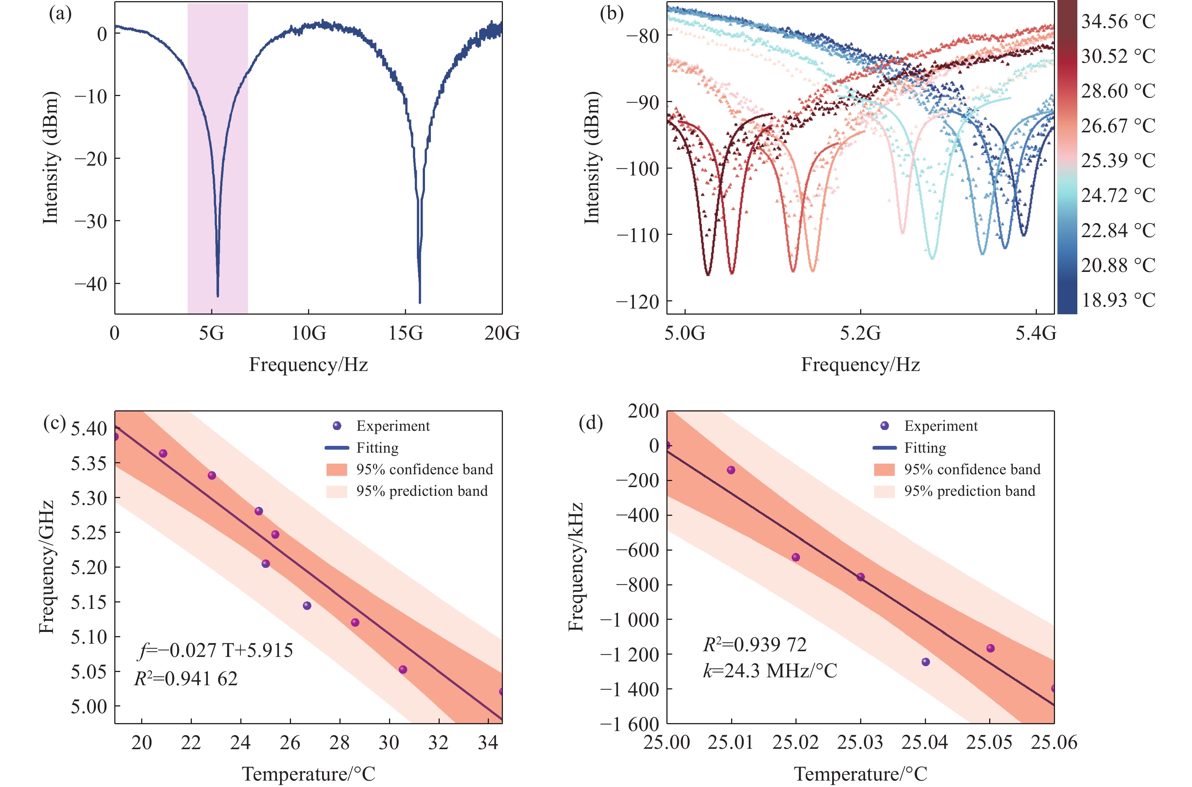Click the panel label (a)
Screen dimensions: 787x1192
tap(60, 14)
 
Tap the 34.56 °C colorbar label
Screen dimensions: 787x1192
tap(1118, 22)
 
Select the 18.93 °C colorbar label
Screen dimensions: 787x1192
tap(1118, 300)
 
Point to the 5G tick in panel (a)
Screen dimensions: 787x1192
tap(212, 333)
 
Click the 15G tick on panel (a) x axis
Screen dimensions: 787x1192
tap(406, 333)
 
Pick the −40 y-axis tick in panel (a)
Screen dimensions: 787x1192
tap(91, 284)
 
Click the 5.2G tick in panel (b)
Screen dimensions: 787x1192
tap(860, 333)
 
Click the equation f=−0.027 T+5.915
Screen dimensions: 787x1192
tap(215, 650)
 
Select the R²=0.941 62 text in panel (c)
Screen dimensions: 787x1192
tap(186, 678)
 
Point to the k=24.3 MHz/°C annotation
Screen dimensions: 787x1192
tap(770, 671)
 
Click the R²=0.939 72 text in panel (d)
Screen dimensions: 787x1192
tap(755, 644)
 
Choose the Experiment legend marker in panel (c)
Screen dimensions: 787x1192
tap(337, 425)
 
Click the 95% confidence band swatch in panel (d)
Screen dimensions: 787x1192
tap(884, 469)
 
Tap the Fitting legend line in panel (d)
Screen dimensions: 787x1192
tap(884, 447)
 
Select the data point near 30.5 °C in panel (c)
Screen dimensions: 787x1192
tap(403, 669)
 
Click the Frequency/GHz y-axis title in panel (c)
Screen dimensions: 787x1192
tap(47, 567)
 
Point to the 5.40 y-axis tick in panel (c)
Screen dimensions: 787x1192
tap(89, 428)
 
